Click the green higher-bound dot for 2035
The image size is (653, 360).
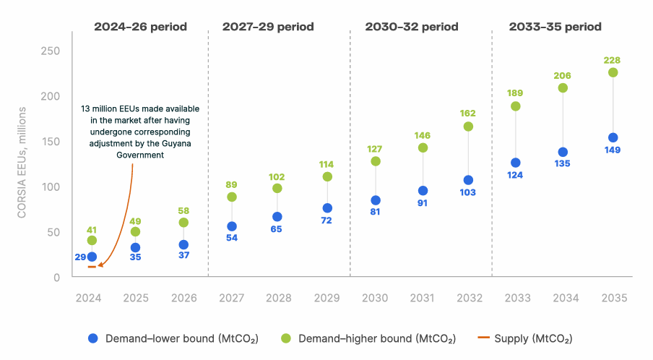click(613, 72)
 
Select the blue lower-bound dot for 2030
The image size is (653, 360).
click(375, 200)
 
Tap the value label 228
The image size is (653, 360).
click(613, 60)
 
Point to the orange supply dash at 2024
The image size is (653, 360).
click(92, 267)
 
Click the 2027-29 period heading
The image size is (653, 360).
click(268, 27)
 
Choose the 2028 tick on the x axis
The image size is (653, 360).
click(277, 297)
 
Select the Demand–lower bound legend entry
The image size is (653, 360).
click(173, 338)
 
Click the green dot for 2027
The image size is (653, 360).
click(232, 197)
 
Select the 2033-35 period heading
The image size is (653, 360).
click(555, 27)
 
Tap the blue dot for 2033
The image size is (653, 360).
click(516, 163)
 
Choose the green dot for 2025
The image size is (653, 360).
click(135, 231)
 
